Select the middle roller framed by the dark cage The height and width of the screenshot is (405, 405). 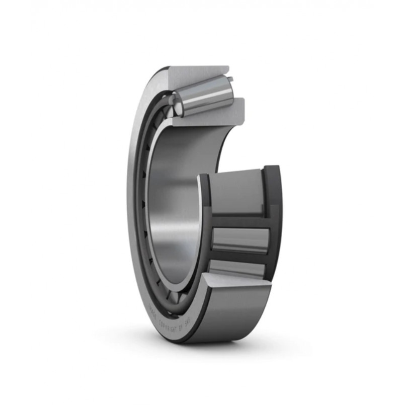coord(240,239)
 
